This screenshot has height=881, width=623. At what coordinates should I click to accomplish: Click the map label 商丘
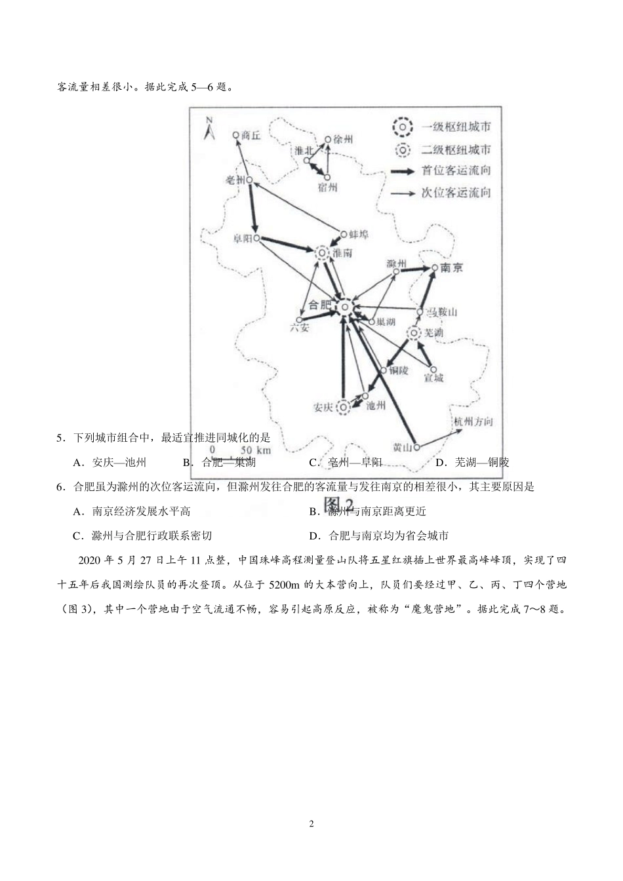pyautogui.click(x=251, y=135)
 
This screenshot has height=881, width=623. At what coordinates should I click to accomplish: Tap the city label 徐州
pyautogui.click(x=343, y=140)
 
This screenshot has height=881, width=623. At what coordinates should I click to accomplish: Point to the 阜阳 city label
pyautogui.click(x=242, y=239)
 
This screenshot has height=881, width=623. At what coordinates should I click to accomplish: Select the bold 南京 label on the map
pyautogui.click(x=452, y=267)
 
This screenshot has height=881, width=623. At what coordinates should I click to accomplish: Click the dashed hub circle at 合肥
pyautogui.click(x=343, y=306)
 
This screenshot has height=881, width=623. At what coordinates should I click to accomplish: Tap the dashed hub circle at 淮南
pyautogui.click(x=322, y=252)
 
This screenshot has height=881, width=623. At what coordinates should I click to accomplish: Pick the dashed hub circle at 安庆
pyautogui.click(x=343, y=408)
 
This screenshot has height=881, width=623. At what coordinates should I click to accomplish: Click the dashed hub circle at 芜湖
pyautogui.click(x=414, y=333)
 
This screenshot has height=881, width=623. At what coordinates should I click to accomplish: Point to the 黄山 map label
pyautogui.click(x=402, y=448)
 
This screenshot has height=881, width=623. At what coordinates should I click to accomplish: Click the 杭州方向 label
pyautogui.click(x=473, y=421)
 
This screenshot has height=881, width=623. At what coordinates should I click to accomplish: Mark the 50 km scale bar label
pyautogui.click(x=255, y=450)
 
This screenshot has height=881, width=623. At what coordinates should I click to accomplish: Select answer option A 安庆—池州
pyautogui.click(x=111, y=462)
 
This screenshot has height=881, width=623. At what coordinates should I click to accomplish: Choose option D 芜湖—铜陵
pyautogui.click(x=473, y=462)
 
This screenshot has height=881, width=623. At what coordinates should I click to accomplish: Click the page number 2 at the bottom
pyautogui.click(x=311, y=824)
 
